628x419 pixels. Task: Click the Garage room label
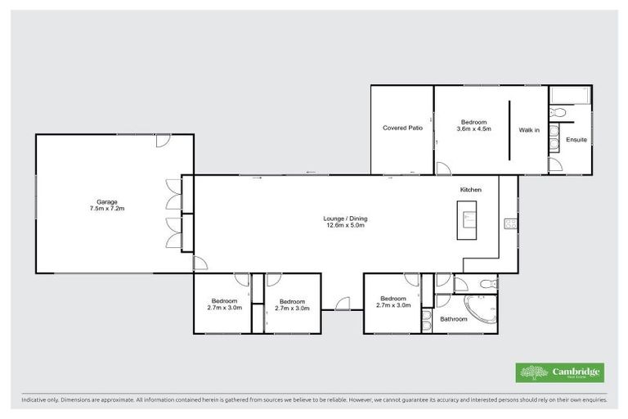[x=108, y=201]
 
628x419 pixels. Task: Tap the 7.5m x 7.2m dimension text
[x=108, y=209]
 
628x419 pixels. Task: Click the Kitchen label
[x=470, y=190]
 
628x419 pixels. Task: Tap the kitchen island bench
[x=468, y=223]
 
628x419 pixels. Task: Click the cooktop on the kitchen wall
[x=510, y=223]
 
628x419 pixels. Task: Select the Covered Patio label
[x=402, y=128]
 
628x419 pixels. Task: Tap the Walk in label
[x=529, y=129]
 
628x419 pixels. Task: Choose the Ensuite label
[x=576, y=140]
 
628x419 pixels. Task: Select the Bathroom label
[x=454, y=318]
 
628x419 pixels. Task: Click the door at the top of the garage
[x=164, y=141]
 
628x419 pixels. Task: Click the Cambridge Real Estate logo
[x=560, y=372]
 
